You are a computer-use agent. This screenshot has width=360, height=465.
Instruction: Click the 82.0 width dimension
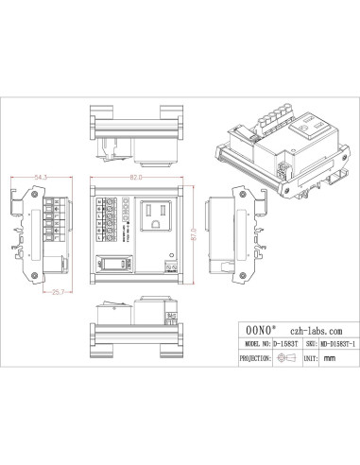pos(138,177)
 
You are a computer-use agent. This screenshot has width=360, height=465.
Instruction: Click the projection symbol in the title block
pos(285,359)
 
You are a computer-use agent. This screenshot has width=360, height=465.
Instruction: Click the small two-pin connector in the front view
pos(171,269)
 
